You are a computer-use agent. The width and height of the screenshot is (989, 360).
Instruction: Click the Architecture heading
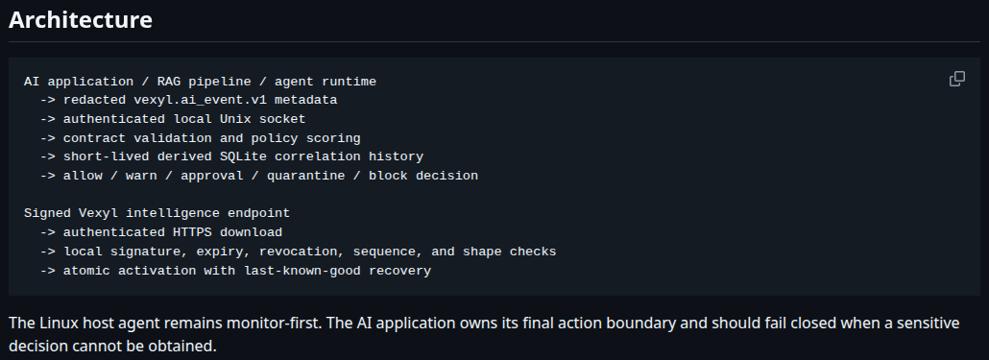pyautogui.click(x=80, y=19)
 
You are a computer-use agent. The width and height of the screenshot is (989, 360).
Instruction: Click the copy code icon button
pyautogui.click(x=956, y=79)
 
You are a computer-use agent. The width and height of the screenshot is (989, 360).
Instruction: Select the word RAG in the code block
pyautogui.click(x=168, y=82)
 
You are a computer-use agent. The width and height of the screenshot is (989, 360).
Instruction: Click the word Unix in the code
pyautogui.click(x=235, y=119)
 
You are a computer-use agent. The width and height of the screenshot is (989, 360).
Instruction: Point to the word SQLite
pyautogui.click(x=243, y=156)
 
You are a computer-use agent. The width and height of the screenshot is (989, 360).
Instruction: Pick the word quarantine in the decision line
pyautogui.click(x=306, y=176)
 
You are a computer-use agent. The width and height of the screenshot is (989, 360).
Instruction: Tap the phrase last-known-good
pyautogui.click(x=302, y=271)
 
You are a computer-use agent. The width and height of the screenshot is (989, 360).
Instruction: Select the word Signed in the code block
pyautogui.click(x=47, y=213)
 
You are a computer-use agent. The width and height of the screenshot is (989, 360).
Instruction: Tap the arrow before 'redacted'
pyautogui.click(x=47, y=100)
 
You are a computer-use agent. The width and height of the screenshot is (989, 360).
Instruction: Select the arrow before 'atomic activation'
pyautogui.click(x=47, y=271)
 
